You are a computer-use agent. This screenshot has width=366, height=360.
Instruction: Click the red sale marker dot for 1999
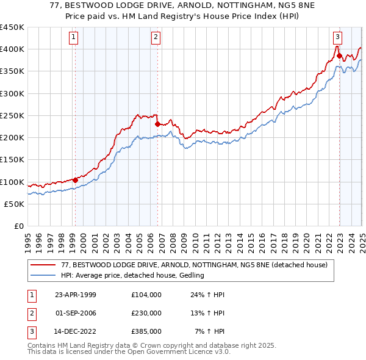pos(76,180)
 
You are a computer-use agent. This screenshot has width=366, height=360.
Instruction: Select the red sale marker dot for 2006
pos(157,124)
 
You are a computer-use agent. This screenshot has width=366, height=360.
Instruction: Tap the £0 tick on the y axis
pos(18,226)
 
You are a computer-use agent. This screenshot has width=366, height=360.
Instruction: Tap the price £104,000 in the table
pos(146,295)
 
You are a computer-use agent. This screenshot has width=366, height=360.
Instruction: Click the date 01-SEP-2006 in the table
pos(76,313)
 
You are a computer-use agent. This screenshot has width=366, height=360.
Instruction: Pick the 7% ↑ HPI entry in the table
pos(210,331)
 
